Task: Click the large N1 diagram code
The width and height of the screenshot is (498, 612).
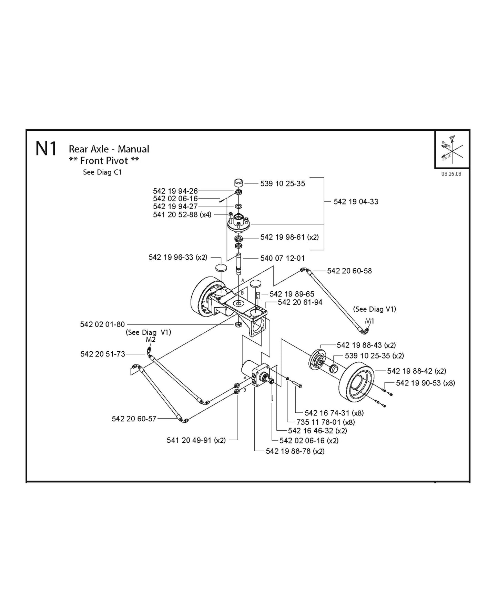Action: click(x=46, y=149)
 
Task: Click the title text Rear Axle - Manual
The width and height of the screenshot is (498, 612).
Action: click(x=109, y=149)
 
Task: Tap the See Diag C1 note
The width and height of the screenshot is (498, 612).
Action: click(x=102, y=172)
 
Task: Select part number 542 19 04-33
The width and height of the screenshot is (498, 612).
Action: click(x=356, y=202)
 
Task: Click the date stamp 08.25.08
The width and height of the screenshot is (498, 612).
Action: click(x=451, y=174)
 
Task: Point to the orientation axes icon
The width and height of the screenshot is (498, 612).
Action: click(x=452, y=150)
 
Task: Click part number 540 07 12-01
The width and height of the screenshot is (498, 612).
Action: click(x=282, y=258)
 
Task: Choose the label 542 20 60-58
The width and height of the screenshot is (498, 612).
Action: click(x=349, y=271)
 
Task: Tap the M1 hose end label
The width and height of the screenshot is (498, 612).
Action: click(x=369, y=321)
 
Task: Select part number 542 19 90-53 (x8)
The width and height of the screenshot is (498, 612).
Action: click(x=425, y=383)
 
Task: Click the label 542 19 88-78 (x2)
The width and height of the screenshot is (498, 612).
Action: click(x=295, y=451)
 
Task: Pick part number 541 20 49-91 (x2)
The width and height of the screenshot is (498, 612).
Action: click(x=196, y=440)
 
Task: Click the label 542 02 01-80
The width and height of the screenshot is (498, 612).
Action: click(x=102, y=324)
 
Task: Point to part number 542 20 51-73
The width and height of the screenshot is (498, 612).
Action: click(x=102, y=354)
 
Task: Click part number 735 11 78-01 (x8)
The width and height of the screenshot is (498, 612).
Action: click(x=325, y=422)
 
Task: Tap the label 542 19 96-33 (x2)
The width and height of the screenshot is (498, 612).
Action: click(x=177, y=257)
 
